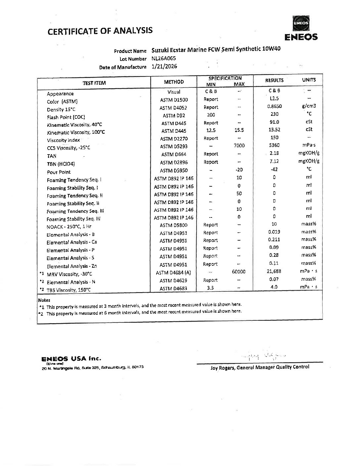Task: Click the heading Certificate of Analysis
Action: point(100,31)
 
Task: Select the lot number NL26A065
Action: point(164,58)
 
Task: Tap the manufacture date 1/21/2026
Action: point(164,66)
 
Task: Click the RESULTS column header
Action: point(274,80)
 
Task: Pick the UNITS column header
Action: point(309,80)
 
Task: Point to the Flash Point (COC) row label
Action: point(66,117)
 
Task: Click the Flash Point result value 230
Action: point(274,114)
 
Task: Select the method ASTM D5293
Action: point(173,146)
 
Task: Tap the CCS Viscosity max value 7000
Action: point(239,145)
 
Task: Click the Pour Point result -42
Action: point(274,169)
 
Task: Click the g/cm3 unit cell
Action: point(309,106)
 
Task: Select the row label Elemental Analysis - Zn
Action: point(71,266)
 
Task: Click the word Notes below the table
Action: point(44,300)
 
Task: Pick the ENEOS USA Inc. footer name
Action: point(71,359)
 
